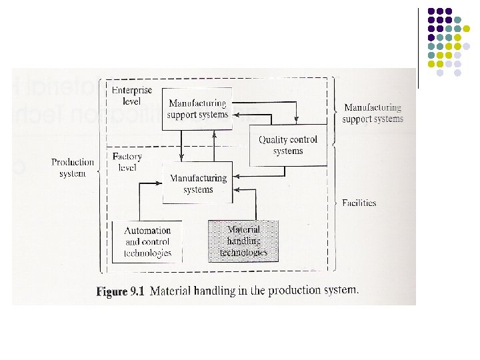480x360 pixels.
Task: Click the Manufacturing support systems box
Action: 197,108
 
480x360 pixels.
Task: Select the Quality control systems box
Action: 288,145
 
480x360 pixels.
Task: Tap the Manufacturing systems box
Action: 198,183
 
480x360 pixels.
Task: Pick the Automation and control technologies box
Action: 147,241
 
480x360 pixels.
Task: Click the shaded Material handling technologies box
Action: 243,241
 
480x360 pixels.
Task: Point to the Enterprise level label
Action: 131,95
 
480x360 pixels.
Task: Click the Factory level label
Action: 127,162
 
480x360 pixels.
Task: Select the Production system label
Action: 73,167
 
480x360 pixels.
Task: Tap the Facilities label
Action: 359,203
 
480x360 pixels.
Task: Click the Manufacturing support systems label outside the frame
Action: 372,113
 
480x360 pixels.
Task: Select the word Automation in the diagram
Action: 147,231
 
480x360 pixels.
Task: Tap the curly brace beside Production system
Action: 99,172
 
